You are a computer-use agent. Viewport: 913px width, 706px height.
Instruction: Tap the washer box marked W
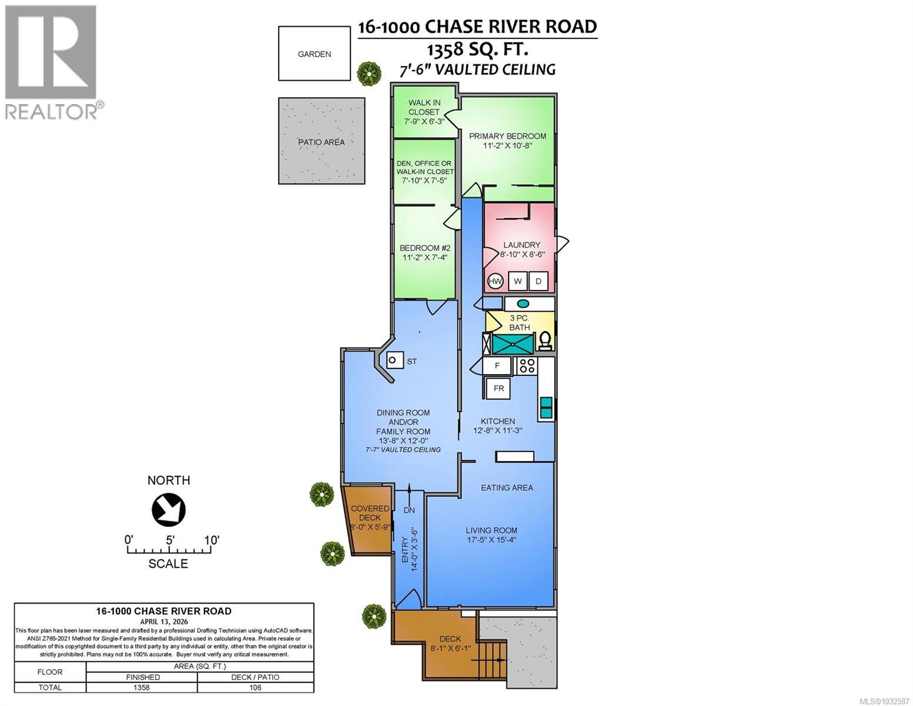pyautogui.click(x=518, y=281)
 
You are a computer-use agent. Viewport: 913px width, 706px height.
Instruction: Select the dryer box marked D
pyautogui.click(x=538, y=281)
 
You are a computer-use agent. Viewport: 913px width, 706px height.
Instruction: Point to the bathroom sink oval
pyautogui.click(x=523, y=304)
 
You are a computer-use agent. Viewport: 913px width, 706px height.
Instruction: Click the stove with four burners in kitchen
pyautogui.click(x=526, y=366)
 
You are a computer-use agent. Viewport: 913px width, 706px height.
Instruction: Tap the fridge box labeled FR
pyautogui.click(x=498, y=388)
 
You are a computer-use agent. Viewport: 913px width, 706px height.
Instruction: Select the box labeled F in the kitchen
pyautogui.click(x=497, y=365)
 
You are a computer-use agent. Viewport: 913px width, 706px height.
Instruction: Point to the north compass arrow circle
pyautogui.click(x=169, y=509)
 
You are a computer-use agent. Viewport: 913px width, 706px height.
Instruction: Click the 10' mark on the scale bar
pyautogui.click(x=211, y=540)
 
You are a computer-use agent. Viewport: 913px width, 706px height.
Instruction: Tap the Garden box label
pyautogui.click(x=314, y=54)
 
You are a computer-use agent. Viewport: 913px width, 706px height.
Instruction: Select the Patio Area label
pyautogui.click(x=321, y=142)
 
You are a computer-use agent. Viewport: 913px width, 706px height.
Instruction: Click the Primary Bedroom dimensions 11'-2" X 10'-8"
pyautogui.click(x=507, y=146)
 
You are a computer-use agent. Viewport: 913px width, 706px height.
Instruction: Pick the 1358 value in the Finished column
pyautogui.click(x=142, y=687)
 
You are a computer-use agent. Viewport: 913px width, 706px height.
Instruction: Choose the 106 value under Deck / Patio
pyautogui.click(x=255, y=687)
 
